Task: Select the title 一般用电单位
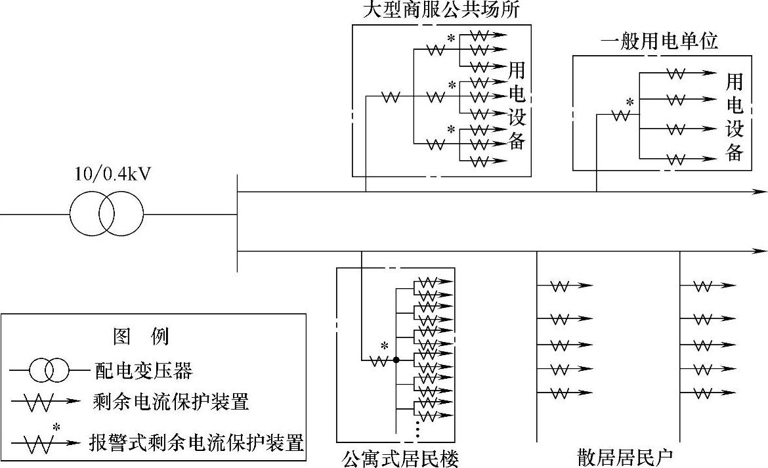(660, 42)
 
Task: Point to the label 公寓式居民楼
(400, 457)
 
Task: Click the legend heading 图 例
(141, 337)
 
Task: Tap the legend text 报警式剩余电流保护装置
(197, 443)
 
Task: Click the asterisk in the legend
(56, 427)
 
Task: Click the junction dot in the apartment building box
(396, 360)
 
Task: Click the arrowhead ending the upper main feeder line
(761, 192)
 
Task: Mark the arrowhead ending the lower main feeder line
(761, 251)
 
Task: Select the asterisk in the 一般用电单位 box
(629, 102)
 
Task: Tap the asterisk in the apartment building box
(385, 346)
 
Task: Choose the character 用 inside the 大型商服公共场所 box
(517, 68)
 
